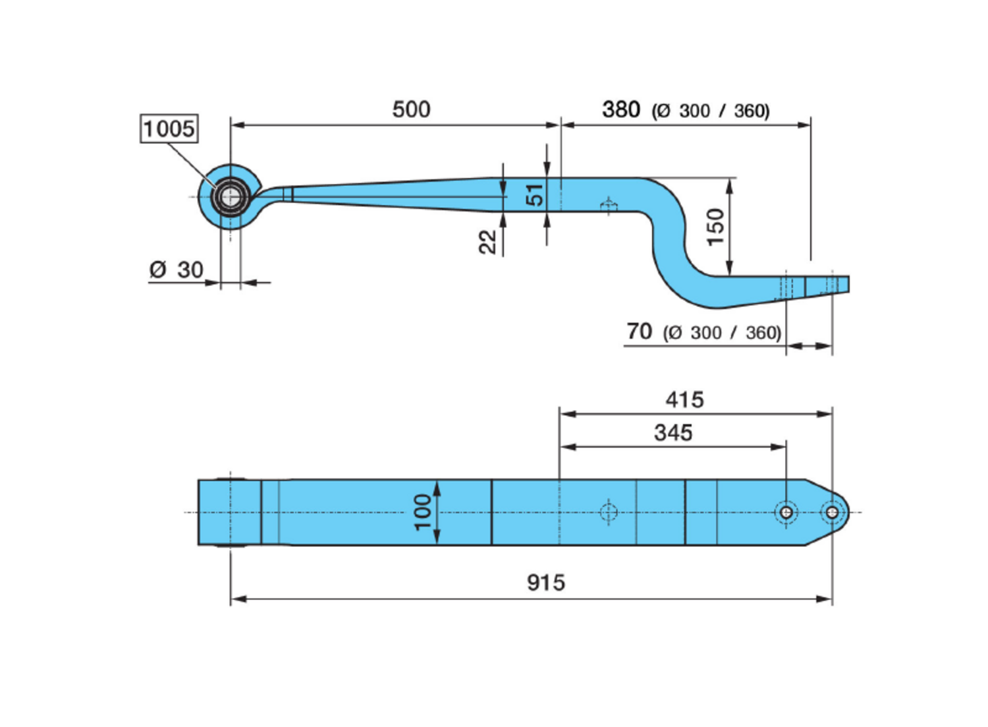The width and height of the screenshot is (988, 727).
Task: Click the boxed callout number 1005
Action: pyautogui.click(x=169, y=129)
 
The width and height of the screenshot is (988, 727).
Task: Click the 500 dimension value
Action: pyautogui.click(x=411, y=109)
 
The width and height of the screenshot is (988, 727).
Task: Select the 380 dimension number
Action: pyautogui.click(x=620, y=109)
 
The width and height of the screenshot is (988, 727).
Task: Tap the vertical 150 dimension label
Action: pyautogui.click(x=715, y=227)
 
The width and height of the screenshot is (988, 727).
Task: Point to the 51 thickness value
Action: pyautogui.click(x=535, y=195)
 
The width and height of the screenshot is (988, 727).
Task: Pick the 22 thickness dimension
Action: pyautogui.click(x=487, y=242)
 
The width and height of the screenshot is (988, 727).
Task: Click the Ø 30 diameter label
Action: pyautogui.click(x=177, y=270)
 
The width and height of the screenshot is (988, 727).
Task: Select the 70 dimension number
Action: pyautogui.click(x=639, y=332)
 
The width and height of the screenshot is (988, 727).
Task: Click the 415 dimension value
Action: pyautogui.click(x=684, y=399)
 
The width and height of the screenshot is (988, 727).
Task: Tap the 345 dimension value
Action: pyautogui.click(x=672, y=433)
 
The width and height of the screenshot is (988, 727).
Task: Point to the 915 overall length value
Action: pyautogui.click(x=545, y=583)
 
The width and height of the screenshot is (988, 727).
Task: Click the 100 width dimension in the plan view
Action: pyautogui.click(x=422, y=512)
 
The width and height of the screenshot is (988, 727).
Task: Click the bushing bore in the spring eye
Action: pyautogui.click(x=230, y=196)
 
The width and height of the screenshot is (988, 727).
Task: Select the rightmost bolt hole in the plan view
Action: pyautogui.click(x=832, y=512)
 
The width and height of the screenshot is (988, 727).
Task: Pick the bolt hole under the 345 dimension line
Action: pyautogui.click(x=786, y=512)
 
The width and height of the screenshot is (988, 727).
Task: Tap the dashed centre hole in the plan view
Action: pyautogui.click(x=609, y=512)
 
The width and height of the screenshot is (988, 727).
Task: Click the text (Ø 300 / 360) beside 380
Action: pyautogui.click(x=711, y=111)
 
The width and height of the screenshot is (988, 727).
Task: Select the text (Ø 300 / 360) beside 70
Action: pyautogui.click(x=722, y=333)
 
